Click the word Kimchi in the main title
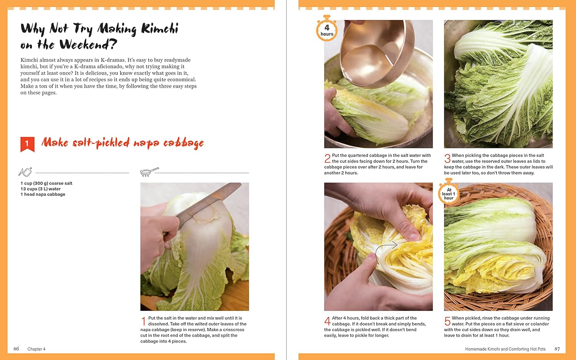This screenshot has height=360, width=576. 159,29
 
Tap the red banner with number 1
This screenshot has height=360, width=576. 27,144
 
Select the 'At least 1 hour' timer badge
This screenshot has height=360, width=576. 449,193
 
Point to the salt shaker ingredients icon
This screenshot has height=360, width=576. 25,172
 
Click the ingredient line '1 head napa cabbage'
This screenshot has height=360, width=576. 43,194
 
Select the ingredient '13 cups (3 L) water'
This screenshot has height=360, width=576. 41,189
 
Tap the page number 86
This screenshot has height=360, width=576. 16,349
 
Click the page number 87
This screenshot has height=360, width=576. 557,349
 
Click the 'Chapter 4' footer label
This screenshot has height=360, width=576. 36,349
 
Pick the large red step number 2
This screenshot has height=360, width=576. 327,158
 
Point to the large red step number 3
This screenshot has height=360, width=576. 447,158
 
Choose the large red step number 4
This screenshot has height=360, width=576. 327,321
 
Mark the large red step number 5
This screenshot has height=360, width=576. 447,321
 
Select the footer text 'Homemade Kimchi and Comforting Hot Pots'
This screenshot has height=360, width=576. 505,349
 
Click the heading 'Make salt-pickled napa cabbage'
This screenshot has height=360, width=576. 122,143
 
